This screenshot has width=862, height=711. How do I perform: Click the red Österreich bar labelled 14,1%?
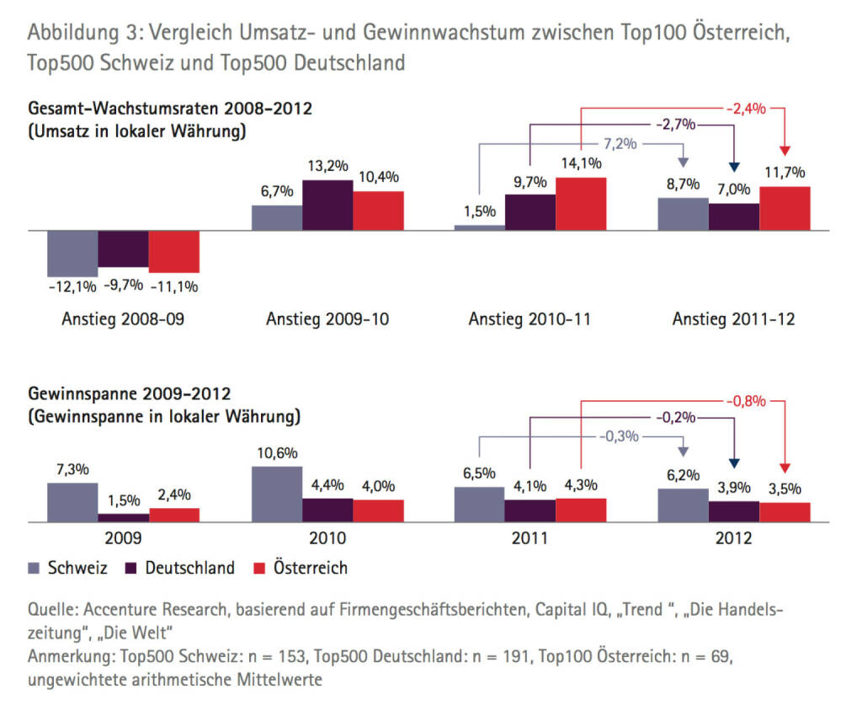(x=581, y=204)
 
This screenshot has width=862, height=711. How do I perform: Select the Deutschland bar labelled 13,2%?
(x=327, y=205)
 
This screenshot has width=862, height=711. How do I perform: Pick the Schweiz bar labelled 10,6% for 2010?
(x=276, y=494)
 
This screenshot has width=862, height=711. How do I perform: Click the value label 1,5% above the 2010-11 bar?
(x=480, y=212)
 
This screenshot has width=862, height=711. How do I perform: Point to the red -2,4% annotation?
(x=745, y=108)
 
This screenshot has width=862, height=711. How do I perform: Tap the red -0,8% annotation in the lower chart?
(x=745, y=401)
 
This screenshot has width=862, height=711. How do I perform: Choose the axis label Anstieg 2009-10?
(x=327, y=319)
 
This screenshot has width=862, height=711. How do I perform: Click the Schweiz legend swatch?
(x=36, y=568)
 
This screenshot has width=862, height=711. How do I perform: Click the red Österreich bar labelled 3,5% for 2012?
(x=785, y=512)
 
